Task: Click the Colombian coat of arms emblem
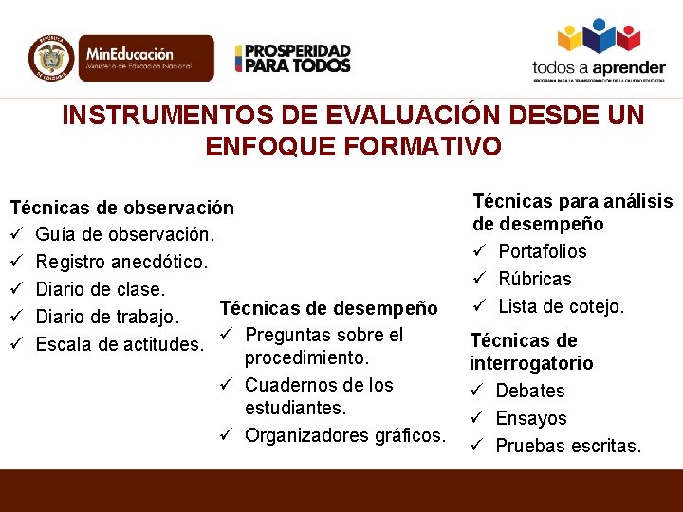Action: point(50,57)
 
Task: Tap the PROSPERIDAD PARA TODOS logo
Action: point(292,59)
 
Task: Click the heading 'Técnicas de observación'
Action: point(121,206)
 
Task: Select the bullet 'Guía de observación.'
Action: point(125,233)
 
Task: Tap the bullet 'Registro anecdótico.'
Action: point(121,262)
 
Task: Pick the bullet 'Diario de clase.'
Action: point(102,289)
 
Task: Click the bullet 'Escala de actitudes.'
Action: point(119,344)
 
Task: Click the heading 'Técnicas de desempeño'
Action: point(328,308)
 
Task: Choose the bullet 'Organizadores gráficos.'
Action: point(344,435)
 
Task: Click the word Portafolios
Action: point(543,251)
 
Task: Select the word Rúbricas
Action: point(535,279)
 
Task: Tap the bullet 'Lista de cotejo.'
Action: point(561,306)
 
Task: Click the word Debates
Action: point(530,391)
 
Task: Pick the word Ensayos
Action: point(531,418)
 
